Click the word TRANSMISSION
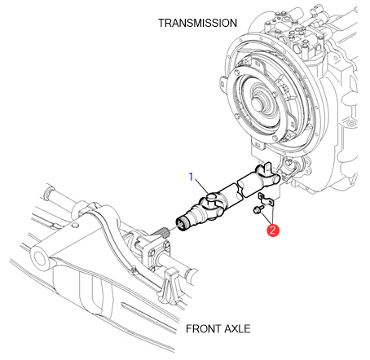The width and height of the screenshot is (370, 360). pyautogui.click(x=197, y=23)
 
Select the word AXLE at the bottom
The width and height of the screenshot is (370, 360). pyautogui.click(x=236, y=329)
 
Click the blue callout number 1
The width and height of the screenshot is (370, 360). pyautogui.click(x=192, y=177)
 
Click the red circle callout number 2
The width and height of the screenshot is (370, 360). pyautogui.click(x=273, y=230)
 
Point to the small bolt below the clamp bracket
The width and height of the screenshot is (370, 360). pyautogui.click(x=258, y=209)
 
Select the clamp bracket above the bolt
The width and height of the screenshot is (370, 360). pyautogui.click(x=266, y=199)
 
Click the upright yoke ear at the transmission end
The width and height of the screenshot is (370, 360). pyautogui.click(x=267, y=168)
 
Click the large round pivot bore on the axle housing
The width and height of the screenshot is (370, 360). pyautogui.click(x=40, y=257)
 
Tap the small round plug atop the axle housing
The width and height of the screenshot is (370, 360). pyautogui.click(x=75, y=225)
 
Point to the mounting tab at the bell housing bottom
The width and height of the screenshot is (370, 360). pyautogui.click(x=258, y=144)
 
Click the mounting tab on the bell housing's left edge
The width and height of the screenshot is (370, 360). pyautogui.click(x=222, y=84)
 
